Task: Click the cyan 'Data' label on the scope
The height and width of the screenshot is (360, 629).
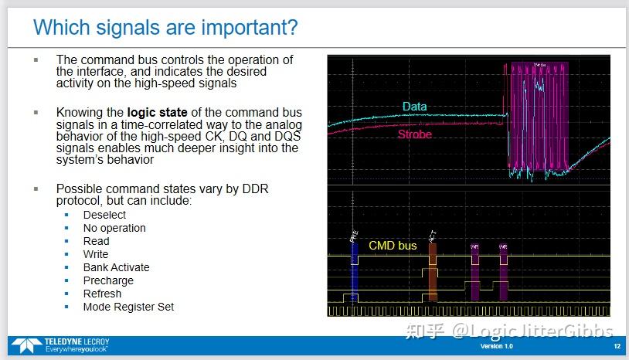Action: pyautogui.click(x=414, y=107)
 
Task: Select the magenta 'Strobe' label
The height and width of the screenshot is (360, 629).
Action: pyautogui.click(x=415, y=134)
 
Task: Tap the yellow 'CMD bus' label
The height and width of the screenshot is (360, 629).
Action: pyautogui.click(x=393, y=246)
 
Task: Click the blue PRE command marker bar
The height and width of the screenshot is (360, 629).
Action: pyautogui.click(x=354, y=270)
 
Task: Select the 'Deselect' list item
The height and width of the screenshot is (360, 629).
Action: pyautogui.click(x=104, y=215)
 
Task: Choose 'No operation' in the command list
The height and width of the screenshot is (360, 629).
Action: pyautogui.click(x=114, y=228)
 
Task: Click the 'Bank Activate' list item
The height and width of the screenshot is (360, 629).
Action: pyautogui.click(x=117, y=267)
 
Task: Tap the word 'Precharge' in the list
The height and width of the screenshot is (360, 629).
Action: pyautogui.click(x=108, y=280)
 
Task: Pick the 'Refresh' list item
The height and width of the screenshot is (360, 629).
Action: pyautogui.click(x=102, y=294)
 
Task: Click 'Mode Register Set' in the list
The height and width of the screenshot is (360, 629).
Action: pyautogui.click(x=128, y=307)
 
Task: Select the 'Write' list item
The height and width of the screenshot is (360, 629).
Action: pyautogui.click(x=96, y=254)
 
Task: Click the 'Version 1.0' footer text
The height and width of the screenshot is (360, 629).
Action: pyautogui.click(x=496, y=346)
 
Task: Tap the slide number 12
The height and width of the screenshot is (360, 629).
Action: pyautogui.click(x=615, y=346)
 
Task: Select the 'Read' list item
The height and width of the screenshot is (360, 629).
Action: pyautogui.click(x=96, y=241)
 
